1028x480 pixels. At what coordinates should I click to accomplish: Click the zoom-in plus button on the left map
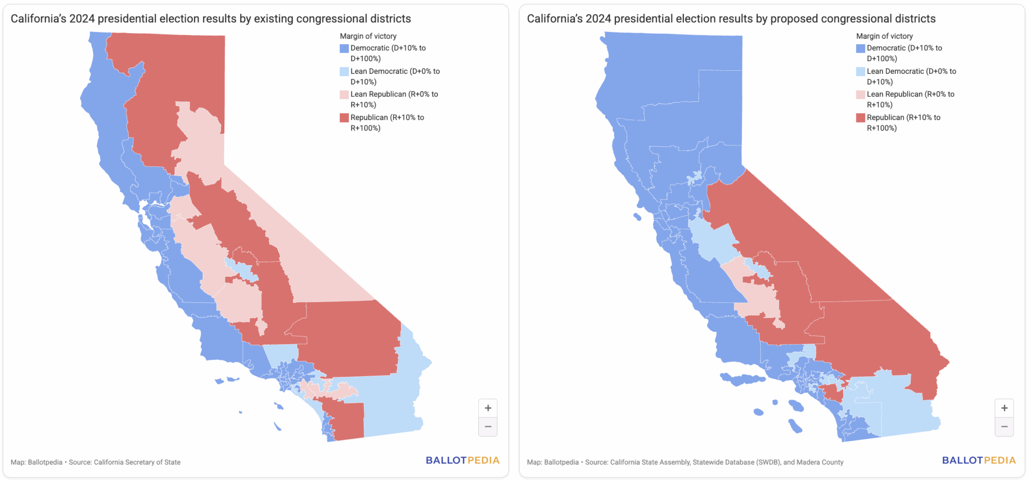[487, 408]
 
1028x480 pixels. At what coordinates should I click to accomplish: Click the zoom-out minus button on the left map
[487, 427]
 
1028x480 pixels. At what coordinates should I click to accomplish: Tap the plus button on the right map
[1004, 408]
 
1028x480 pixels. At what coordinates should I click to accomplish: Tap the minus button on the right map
[1004, 427]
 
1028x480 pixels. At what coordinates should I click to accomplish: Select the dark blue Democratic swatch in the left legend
[344, 48]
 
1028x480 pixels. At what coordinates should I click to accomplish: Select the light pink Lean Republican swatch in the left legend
[344, 94]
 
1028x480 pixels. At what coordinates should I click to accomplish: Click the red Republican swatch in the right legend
[860, 118]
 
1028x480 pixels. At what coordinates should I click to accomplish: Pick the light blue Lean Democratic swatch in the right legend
[860, 72]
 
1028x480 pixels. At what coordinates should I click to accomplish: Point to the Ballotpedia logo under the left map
[462, 460]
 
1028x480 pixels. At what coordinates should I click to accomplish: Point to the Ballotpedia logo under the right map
[978, 460]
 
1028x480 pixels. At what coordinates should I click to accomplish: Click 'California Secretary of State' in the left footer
[137, 462]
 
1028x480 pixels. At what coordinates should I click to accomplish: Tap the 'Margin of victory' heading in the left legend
[368, 36]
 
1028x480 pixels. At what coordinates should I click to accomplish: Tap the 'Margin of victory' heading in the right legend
[884, 36]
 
